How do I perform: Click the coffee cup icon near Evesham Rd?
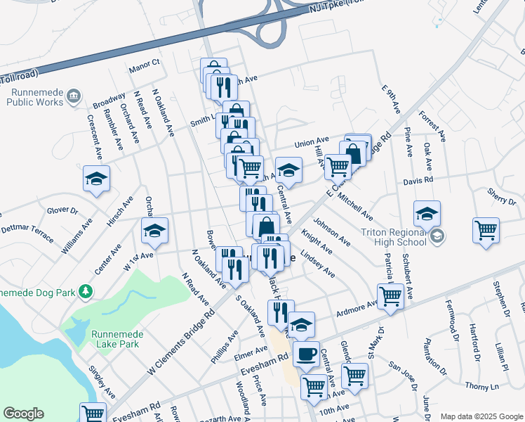306,354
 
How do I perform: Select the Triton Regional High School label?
394,237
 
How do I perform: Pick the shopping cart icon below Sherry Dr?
486,230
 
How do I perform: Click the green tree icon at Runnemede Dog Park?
86,290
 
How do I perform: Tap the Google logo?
23,414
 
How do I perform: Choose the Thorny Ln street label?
481,386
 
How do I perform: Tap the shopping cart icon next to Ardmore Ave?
389,295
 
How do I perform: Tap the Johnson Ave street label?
331,231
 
